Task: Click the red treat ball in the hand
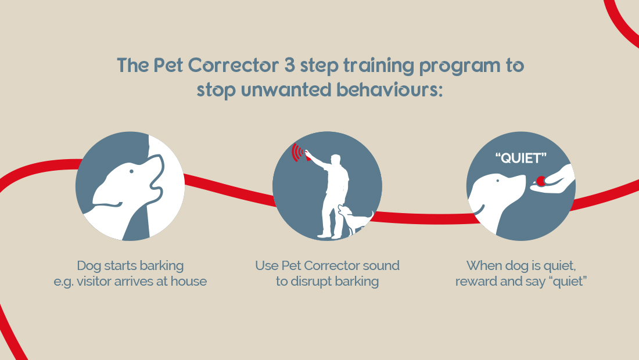pos(541,181)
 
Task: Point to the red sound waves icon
pos(299,153)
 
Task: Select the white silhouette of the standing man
pos(332,192)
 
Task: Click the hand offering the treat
pos(558,181)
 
